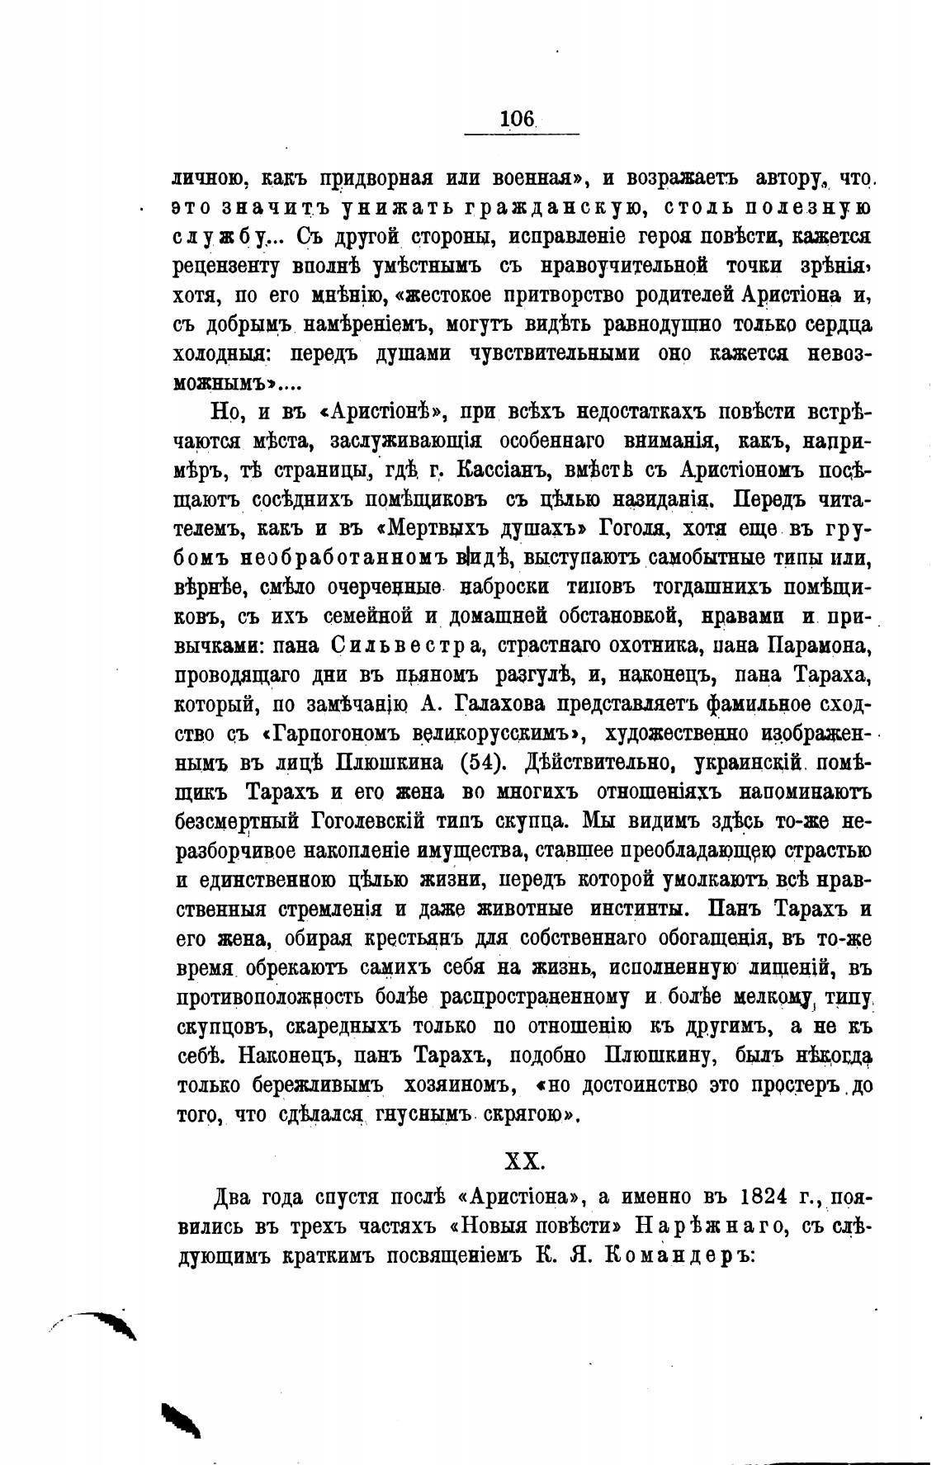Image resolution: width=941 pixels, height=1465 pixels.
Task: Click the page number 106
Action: point(518,119)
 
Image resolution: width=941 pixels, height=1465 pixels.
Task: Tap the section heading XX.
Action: point(523,1160)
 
